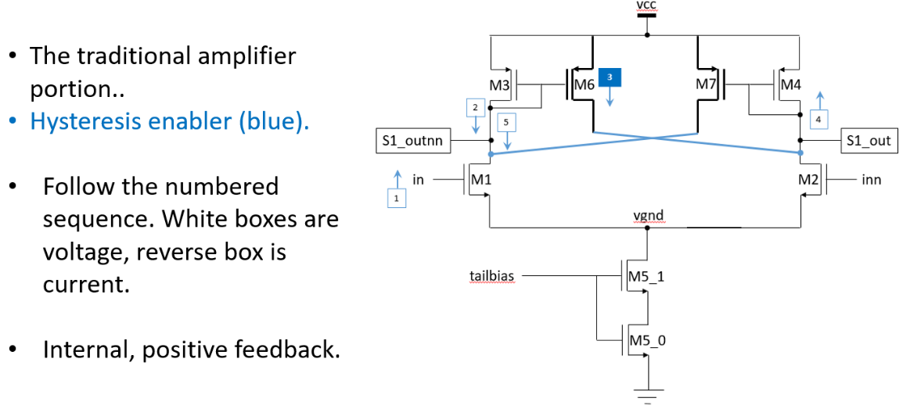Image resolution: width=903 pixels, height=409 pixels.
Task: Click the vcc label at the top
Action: pyautogui.click(x=647, y=5)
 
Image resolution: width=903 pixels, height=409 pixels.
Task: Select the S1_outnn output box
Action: pyautogui.click(x=412, y=142)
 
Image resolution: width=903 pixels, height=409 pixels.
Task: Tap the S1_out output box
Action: pyautogui.click(x=869, y=142)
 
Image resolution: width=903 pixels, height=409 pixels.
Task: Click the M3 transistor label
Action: pyautogui.click(x=499, y=84)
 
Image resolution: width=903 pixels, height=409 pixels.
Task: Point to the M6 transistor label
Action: pyautogui.click(x=584, y=84)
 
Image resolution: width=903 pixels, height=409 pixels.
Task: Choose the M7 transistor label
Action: pyautogui.click(x=707, y=84)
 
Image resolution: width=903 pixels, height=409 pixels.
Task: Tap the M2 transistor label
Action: pyautogui.click(x=808, y=180)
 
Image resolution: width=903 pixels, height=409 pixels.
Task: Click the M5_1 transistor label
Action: pyautogui.click(x=646, y=276)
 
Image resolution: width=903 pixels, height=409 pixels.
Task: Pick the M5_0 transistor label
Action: pyautogui.click(x=646, y=340)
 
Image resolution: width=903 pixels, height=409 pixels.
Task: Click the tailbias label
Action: pyautogui.click(x=490, y=276)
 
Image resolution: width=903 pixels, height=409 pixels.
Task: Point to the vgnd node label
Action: pyautogui.click(x=649, y=216)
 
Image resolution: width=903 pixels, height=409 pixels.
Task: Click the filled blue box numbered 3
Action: pyautogui.click(x=610, y=77)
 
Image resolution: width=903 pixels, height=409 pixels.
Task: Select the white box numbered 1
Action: pyautogui.click(x=397, y=199)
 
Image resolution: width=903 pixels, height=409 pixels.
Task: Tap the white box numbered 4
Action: pyautogui.click(x=818, y=120)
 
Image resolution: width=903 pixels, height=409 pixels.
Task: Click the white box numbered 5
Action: pyautogui.click(x=506, y=123)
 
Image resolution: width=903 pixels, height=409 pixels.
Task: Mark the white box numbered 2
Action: pyautogui.click(x=475, y=106)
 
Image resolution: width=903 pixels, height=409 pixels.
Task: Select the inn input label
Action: pyautogui.click(x=871, y=180)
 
